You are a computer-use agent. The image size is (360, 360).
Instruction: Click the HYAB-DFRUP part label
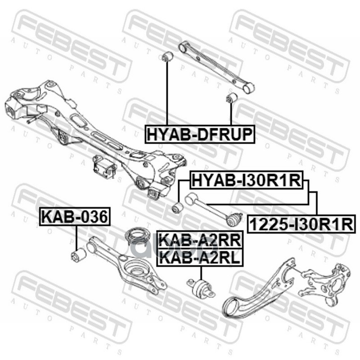(x=199, y=134)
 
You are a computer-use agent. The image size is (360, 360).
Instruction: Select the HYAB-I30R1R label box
(x=246, y=181)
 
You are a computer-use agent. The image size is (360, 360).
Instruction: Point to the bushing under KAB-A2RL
(x=199, y=287)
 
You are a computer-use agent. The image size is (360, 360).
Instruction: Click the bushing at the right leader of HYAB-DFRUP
(x=231, y=97)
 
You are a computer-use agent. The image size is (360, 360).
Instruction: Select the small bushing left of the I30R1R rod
(x=178, y=208)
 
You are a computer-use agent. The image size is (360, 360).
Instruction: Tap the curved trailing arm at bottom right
(x=261, y=292)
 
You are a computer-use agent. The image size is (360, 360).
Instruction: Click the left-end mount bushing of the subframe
(x=12, y=110)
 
